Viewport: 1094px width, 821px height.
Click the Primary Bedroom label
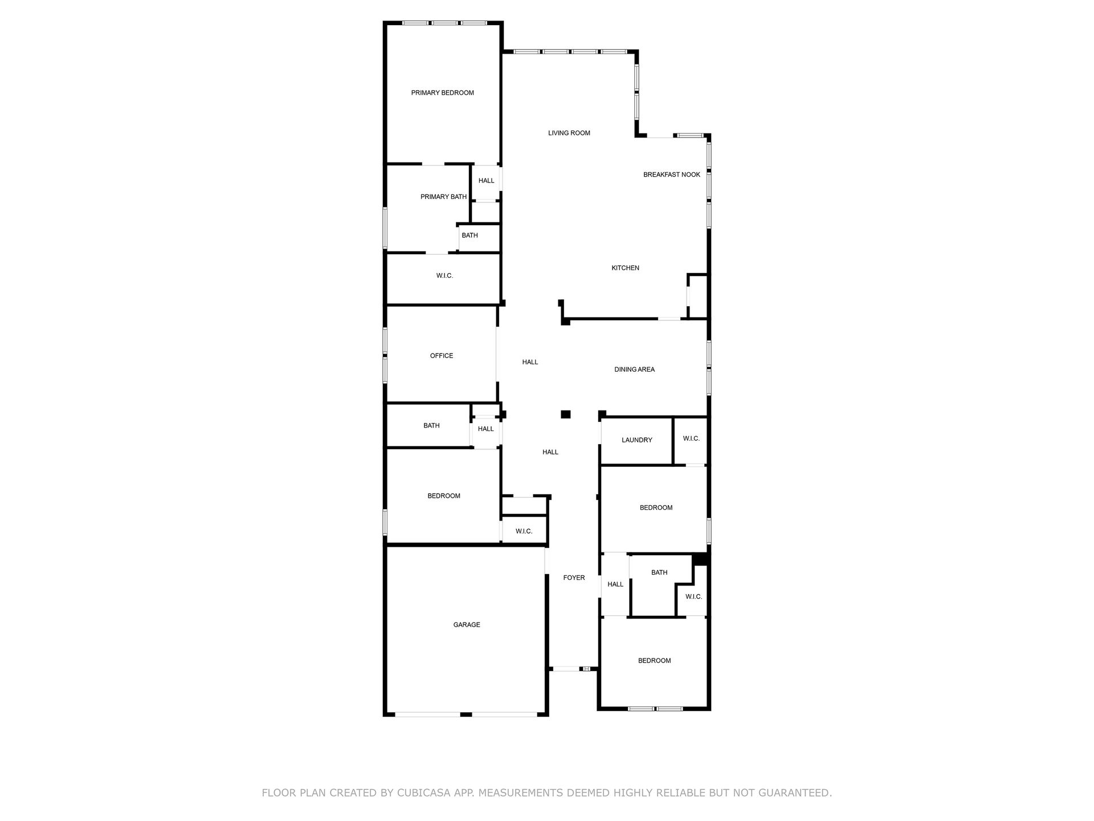pos(443,93)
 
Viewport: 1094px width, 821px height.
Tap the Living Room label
pos(569,133)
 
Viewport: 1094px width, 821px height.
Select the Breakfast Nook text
pos(672,174)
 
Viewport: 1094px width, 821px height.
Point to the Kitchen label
pos(626,268)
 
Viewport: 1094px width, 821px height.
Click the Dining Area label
pos(635,369)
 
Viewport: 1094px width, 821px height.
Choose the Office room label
pos(442,356)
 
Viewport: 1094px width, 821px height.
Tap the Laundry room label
pos(637,440)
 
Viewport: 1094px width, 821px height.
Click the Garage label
pos(467,625)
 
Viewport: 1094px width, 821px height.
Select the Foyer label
pos(574,578)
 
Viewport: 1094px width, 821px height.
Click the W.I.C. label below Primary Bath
pos(445,276)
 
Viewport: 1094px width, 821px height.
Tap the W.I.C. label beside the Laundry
pos(691,438)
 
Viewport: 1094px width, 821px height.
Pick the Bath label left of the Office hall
pos(431,426)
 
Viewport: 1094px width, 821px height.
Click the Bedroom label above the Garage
pos(444,496)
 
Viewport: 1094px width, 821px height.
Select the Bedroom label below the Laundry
pos(656,508)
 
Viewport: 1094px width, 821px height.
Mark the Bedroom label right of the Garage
pos(655,661)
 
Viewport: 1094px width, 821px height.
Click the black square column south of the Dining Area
pos(566,414)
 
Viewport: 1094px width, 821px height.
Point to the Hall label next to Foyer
pos(615,584)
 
